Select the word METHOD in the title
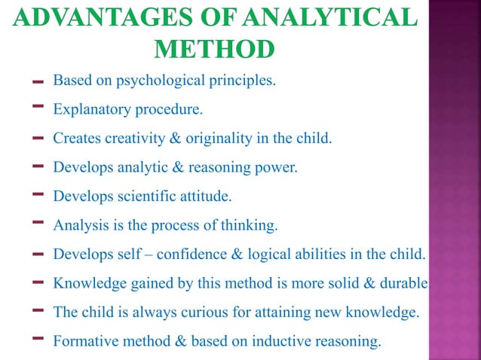coord(214,50)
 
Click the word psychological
coord(161,81)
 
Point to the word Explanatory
coord(90,110)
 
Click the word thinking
coord(251,225)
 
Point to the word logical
coord(281,254)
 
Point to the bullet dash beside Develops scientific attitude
coord(37,195)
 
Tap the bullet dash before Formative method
coord(37,339)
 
